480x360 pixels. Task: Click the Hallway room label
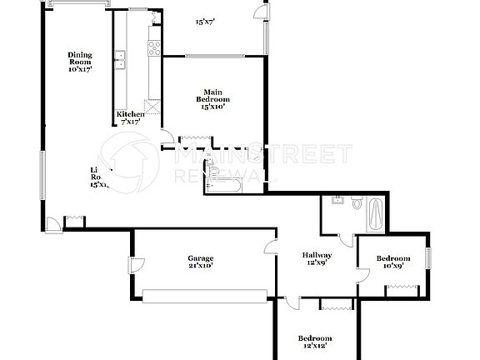click(317, 259)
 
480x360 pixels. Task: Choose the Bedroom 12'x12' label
click(316, 342)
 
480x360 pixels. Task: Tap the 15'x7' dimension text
click(206, 22)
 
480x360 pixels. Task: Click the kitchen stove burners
click(153, 48)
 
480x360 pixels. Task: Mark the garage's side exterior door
click(134, 267)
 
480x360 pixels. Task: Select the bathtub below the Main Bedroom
click(224, 177)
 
